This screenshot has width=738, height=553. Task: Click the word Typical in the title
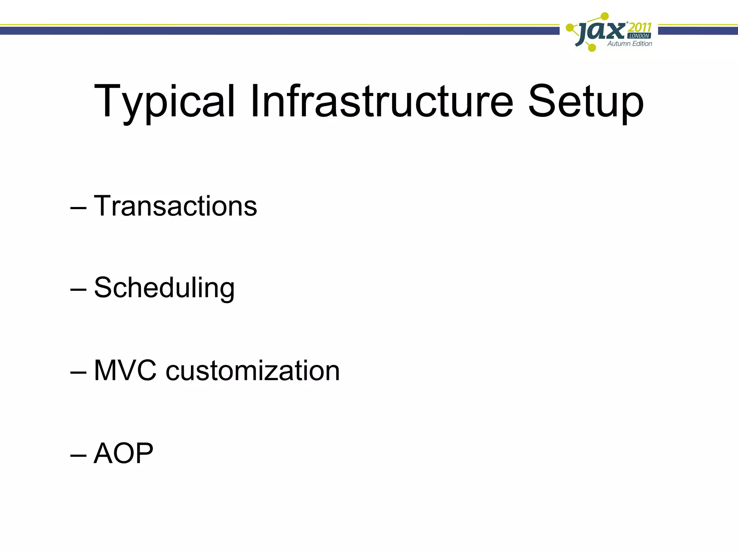[x=164, y=102]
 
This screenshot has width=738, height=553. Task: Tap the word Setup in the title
[x=585, y=102]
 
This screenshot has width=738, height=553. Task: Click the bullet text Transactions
[x=175, y=206]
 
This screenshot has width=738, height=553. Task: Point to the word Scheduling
[x=164, y=288]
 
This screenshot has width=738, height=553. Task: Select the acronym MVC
[x=125, y=370]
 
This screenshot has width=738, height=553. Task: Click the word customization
[x=253, y=370]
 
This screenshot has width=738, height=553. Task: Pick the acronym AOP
[x=123, y=453]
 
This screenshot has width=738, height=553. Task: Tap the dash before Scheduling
[x=78, y=290]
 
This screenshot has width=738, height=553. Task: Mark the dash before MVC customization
[x=78, y=373]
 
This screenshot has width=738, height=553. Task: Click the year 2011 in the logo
[x=640, y=27]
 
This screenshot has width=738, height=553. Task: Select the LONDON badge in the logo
[x=639, y=36]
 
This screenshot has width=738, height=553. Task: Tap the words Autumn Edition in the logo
[x=630, y=44]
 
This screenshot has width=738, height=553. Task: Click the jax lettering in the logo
[x=600, y=32]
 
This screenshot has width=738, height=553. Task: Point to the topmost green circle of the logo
[x=605, y=16]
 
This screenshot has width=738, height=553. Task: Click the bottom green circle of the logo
[x=592, y=47]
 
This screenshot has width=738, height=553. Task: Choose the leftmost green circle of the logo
[x=570, y=28]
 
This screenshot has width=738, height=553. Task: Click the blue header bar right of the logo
[x=698, y=31]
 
